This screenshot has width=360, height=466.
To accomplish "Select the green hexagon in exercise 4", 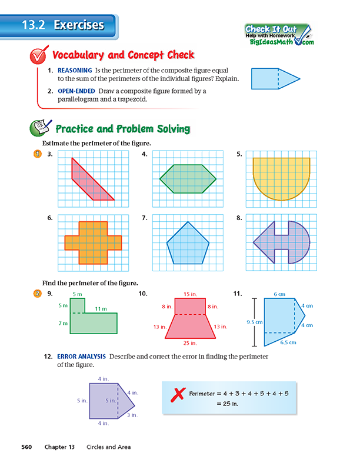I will pos(188,178).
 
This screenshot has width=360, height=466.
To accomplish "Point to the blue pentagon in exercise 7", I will pos(188,244).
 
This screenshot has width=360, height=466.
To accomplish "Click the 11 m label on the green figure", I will pos(100,309).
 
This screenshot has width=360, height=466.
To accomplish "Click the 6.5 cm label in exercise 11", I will pos(288,342).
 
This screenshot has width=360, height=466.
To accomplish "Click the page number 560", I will pos(29,447).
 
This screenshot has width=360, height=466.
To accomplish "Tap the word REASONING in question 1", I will pos(74,69).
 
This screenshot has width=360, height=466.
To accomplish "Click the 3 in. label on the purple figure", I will pos(132,415).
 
